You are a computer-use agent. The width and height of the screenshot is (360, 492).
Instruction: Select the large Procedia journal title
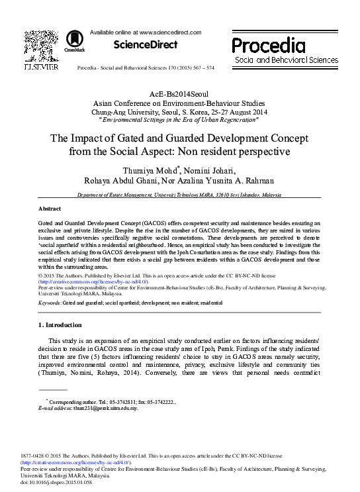pyautogui.click(x=268, y=44)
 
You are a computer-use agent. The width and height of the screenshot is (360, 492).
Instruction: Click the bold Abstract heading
pyautogui.click(x=50, y=208)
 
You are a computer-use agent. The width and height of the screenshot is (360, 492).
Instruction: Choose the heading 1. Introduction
pyautogui.click(x=60, y=325)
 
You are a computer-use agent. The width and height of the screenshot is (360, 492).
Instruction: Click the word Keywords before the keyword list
pyautogui.click(x=48, y=302)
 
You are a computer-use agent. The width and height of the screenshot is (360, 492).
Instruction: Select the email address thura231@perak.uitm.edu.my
pyautogui.click(x=101, y=409)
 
